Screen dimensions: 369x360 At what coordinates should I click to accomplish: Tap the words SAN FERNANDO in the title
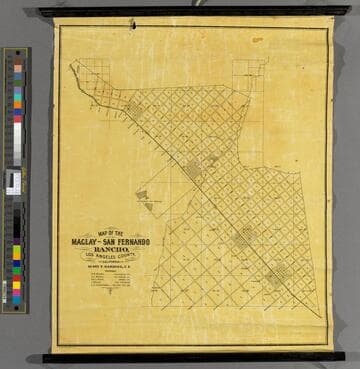click(x=125, y=242)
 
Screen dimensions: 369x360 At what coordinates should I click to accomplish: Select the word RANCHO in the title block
click(x=110, y=249)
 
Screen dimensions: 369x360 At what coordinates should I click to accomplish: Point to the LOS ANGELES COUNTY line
click(x=110, y=256)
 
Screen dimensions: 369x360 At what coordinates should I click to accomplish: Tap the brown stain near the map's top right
click(x=258, y=40)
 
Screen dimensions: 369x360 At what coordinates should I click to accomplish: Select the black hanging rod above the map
click(x=190, y=12)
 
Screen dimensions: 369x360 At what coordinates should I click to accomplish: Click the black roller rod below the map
click(x=190, y=356)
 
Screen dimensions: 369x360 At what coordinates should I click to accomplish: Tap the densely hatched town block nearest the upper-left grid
click(x=133, y=106)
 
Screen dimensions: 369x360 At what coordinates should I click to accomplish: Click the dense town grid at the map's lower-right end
click(x=278, y=274)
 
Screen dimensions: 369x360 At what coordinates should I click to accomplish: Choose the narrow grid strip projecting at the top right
click(x=249, y=75)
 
